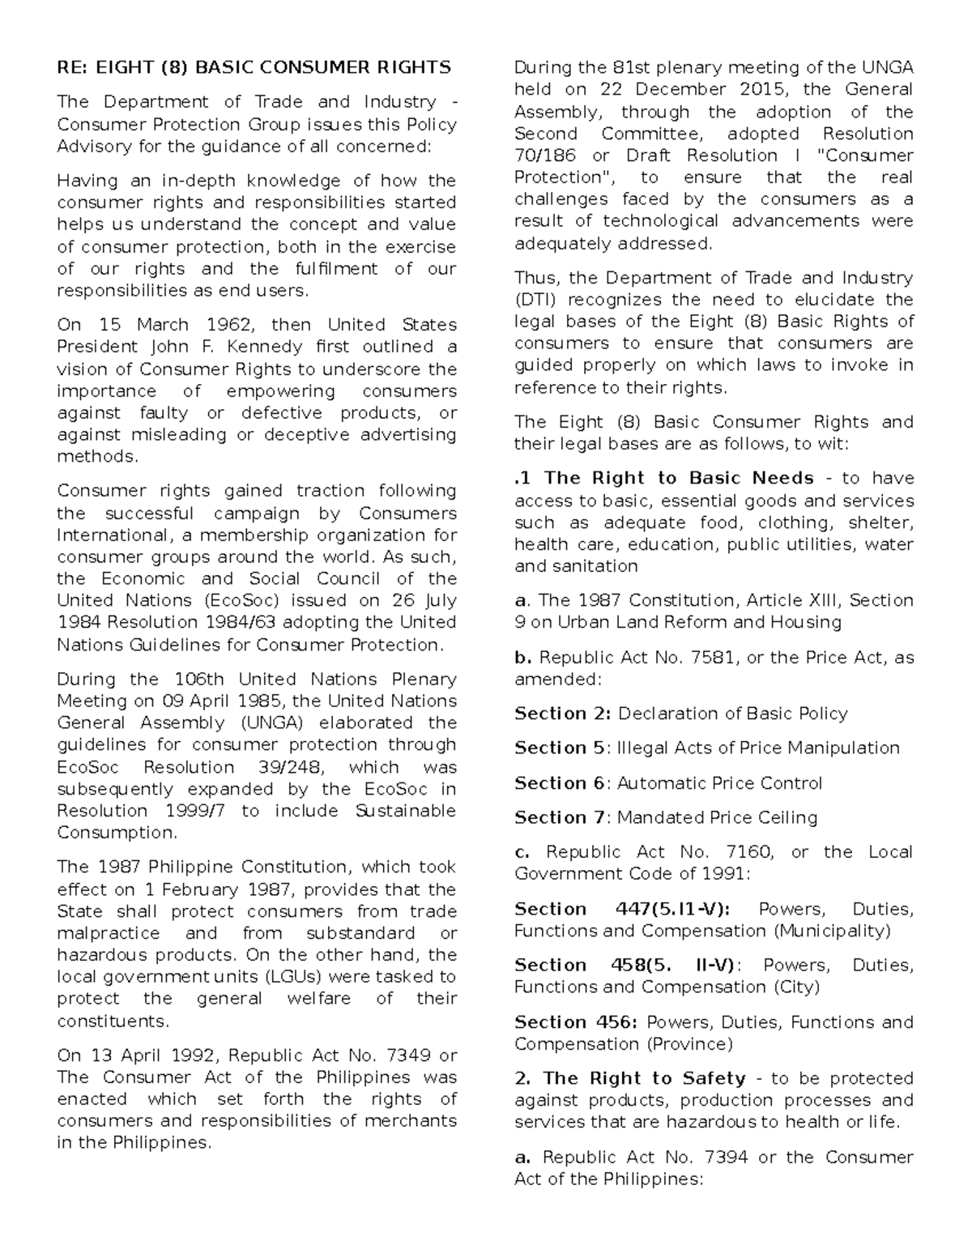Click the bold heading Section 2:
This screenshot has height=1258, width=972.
tap(563, 714)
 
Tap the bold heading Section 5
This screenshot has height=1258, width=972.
tap(560, 748)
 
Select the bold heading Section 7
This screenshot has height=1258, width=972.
tap(560, 817)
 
